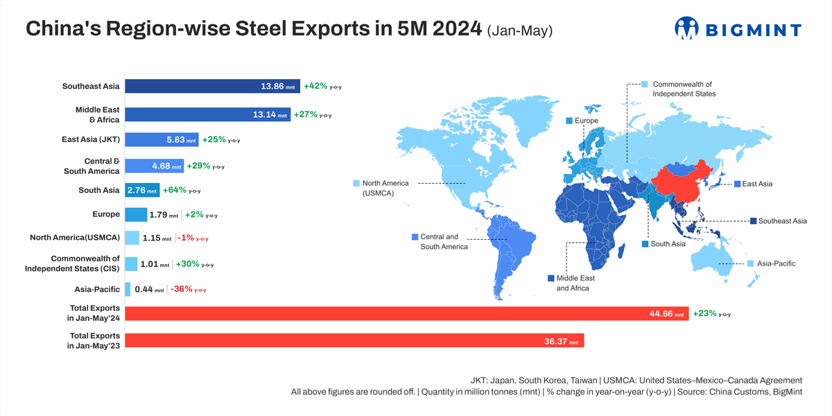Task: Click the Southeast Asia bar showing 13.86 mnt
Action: [x=212, y=87]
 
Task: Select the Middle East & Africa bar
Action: [x=207, y=114]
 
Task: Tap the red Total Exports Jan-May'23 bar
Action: [x=354, y=340]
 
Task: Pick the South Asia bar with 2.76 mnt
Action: [x=142, y=190]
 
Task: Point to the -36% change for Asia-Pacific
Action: [x=182, y=289]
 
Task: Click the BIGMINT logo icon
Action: [x=686, y=28]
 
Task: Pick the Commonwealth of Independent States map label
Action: [x=684, y=89]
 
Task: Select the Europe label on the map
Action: [x=586, y=121]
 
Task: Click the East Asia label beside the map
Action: [x=756, y=184]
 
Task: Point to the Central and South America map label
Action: [x=444, y=241]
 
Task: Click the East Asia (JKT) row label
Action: [x=91, y=139]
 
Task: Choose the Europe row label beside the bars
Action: [x=106, y=214]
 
